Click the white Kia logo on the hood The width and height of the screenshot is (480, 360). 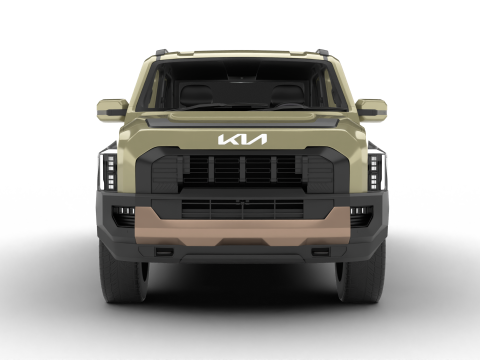tap(242, 140)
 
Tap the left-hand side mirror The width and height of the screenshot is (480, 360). tap(111, 109)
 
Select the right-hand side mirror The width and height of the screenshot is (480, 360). tap(371, 109)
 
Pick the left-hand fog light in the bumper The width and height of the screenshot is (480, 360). tap(124, 213)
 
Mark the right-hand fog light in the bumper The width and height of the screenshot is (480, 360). tap(358, 213)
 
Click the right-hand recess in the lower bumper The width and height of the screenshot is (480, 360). tap(320, 251)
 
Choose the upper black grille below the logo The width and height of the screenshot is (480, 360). tap(241, 169)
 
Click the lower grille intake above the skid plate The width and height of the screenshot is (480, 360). tap(241, 207)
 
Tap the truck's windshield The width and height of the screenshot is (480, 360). tap(241, 86)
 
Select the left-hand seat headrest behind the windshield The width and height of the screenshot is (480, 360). tap(198, 94)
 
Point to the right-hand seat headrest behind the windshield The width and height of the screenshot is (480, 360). tap(287, 94)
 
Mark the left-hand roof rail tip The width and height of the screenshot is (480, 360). tap(160, 52)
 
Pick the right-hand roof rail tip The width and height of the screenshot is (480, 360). tap(322, 52)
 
